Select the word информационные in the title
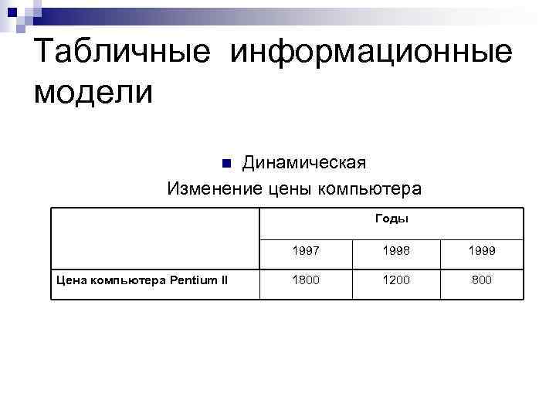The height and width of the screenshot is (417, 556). coord(370,54)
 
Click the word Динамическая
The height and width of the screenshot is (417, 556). coord(303,163)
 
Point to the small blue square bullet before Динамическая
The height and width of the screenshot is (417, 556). coord(226,164)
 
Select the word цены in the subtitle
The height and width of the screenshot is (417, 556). coord(294,188)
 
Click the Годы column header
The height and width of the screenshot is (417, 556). coord(392,219)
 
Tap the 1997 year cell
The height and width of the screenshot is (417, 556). coord(305,251)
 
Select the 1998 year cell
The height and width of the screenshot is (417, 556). coord(395,251)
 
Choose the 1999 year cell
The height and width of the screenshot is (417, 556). coord(481,251)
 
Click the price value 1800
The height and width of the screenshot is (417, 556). coord(305,280)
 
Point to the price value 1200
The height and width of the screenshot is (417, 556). coord(395,280)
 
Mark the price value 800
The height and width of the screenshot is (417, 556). coord(481,280)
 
